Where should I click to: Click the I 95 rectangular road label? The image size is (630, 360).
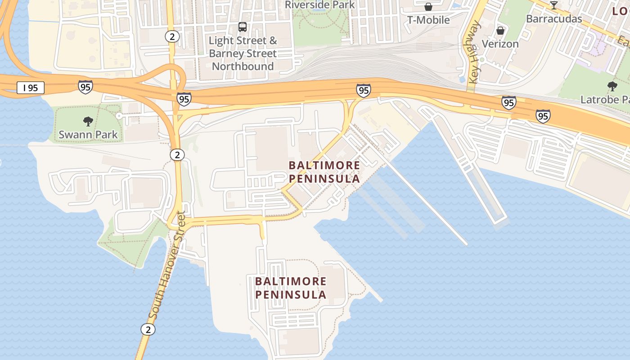click(x=31, y=88)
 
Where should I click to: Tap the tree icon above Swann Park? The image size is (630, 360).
click(x=88, y=121)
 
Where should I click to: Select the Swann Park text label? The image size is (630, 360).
click(x=88, y=134)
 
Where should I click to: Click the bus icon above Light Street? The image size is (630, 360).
click(x=243, y=27)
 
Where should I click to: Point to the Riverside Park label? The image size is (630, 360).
click(x=320, y=5)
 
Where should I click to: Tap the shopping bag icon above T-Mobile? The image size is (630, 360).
click(x=428, y=7)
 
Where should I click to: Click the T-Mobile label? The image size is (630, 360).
click(x=428, y=20)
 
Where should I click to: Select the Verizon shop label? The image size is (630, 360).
click(x=500, y=44)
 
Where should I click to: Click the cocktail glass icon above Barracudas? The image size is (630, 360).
click(x=554, y=5)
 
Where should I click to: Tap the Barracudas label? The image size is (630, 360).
click(x=554, y=19)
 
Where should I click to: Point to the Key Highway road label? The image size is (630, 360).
click(x=474, y=53)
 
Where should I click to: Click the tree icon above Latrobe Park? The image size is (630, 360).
click(x=612, y=86)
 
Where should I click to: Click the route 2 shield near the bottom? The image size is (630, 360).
click(x=148, y=329)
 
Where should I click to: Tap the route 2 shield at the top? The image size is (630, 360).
click(x=172, y=36)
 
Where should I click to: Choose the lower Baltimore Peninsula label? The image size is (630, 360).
click(x=291, y=288)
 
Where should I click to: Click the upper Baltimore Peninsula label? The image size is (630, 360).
click(x=324, y=172)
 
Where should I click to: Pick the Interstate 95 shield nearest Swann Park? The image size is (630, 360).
click(x=85, y=86)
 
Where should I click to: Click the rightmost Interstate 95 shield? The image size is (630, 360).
click(x=543, y=117)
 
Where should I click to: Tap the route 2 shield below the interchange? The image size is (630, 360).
click(x=177, y=155)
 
